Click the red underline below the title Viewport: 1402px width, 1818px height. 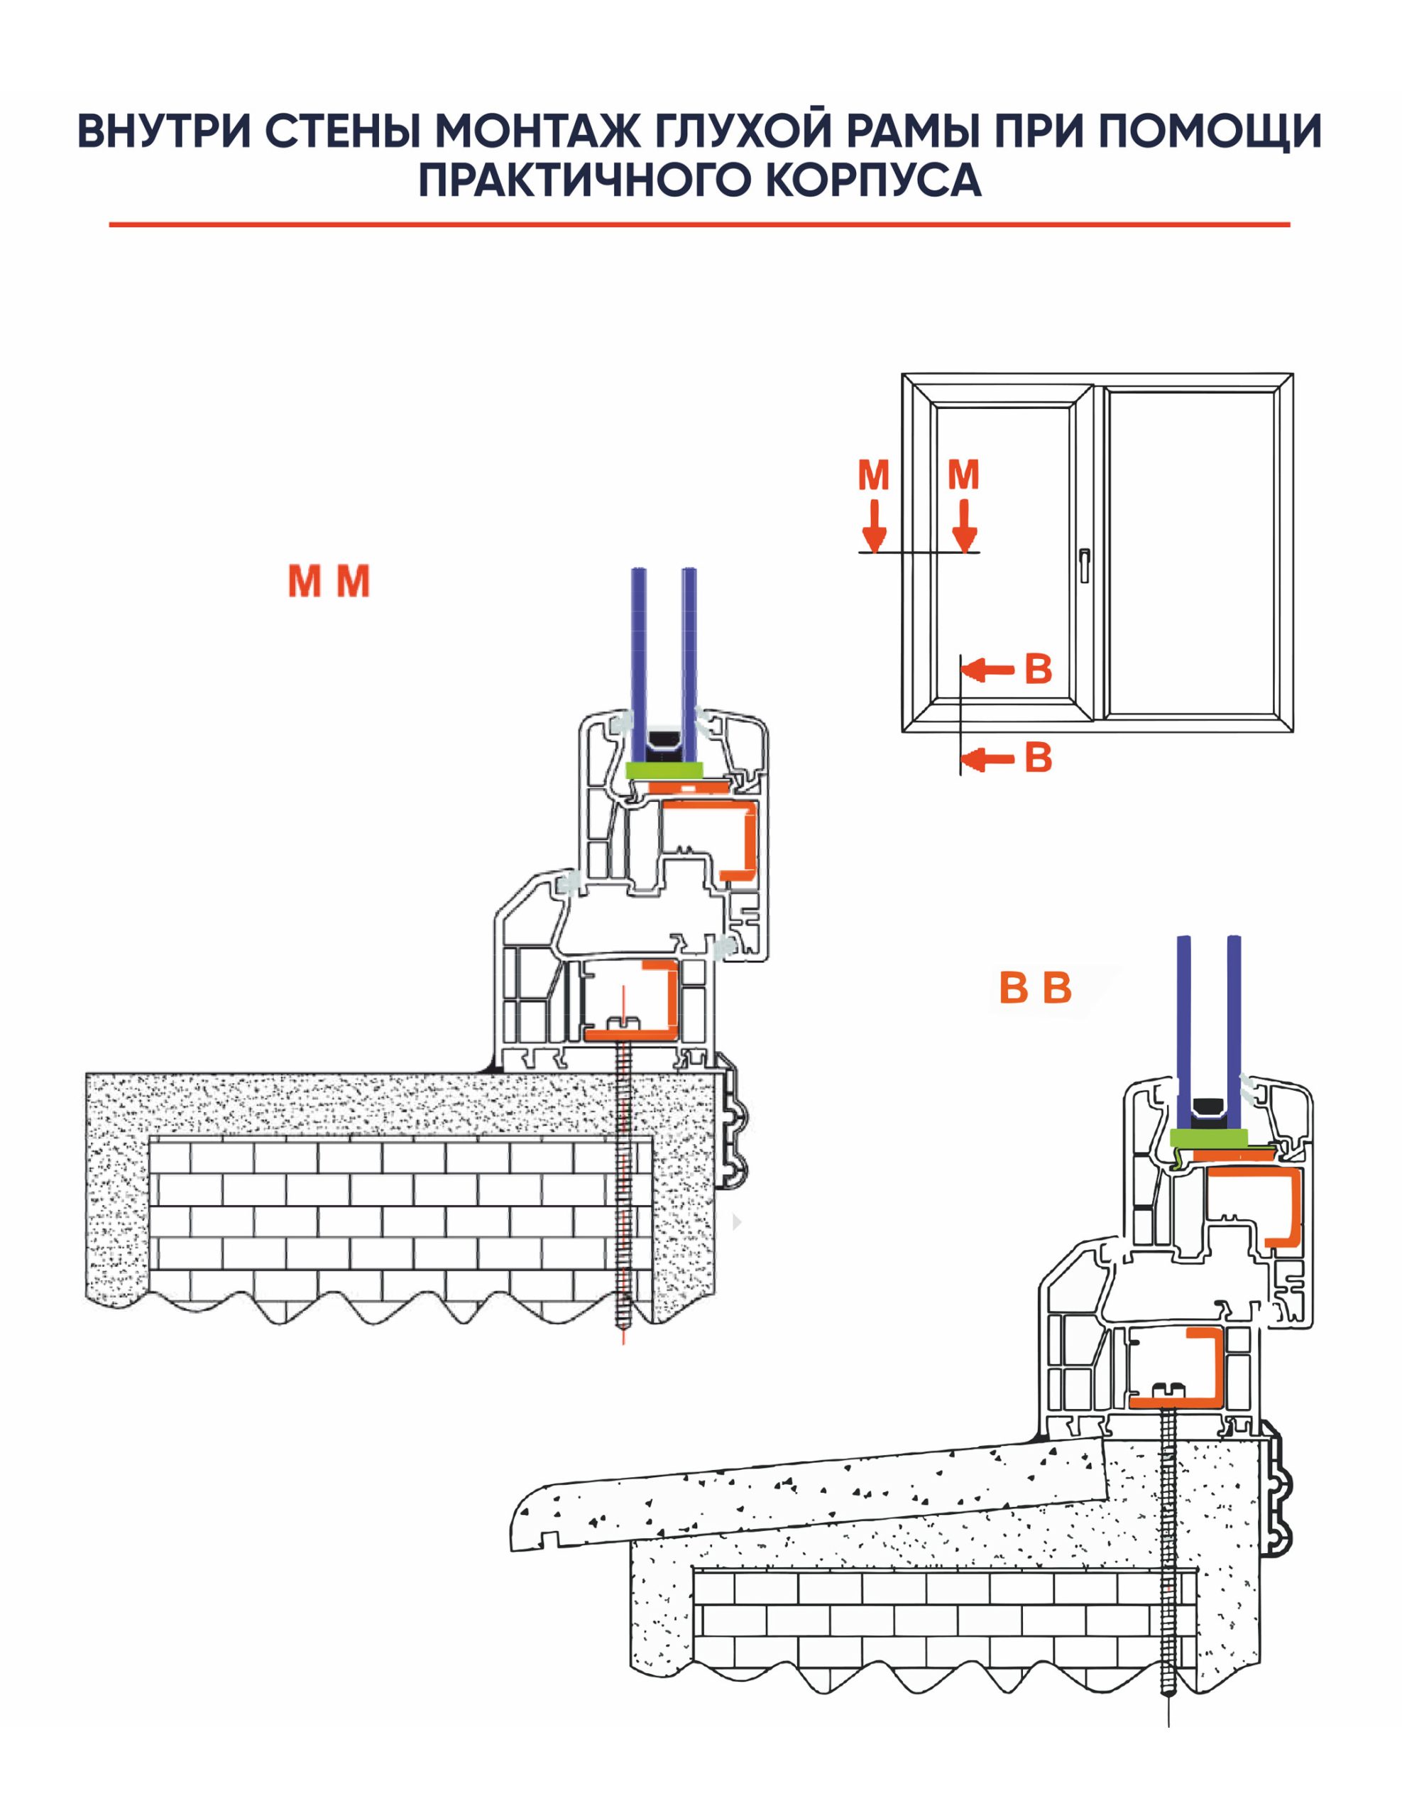coord(699,224)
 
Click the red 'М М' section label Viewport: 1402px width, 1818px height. coord(329,581)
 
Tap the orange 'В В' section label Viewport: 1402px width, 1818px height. coord(1035,988)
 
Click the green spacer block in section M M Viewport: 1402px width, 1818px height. coord(664,770)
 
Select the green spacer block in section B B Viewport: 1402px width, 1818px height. coord(1208,1137)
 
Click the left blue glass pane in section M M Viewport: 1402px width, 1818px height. coord(639,658)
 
